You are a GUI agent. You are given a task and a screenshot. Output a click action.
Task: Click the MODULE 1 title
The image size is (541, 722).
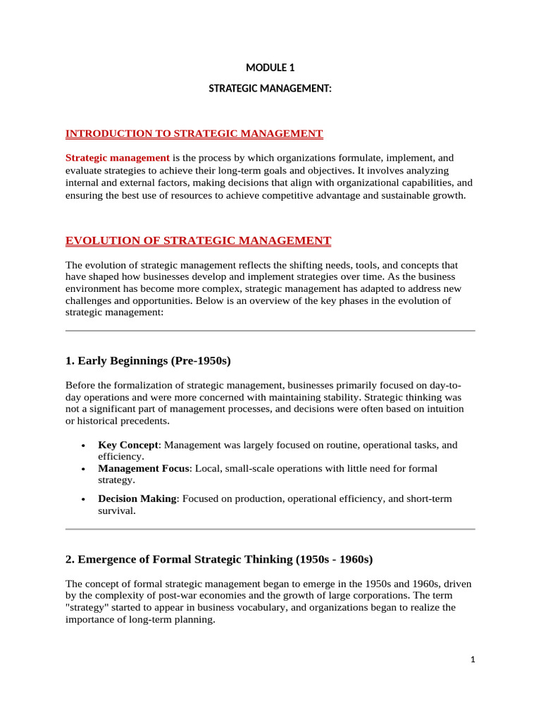click(270, 68)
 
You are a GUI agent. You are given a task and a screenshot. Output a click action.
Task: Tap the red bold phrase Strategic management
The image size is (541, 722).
click(118, 157)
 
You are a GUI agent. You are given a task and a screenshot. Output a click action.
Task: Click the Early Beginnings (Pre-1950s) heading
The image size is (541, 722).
click(148, 361)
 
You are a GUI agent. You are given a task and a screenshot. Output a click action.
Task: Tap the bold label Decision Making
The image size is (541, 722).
click(137, 498)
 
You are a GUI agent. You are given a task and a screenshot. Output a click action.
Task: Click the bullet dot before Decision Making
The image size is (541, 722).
click(84, 499)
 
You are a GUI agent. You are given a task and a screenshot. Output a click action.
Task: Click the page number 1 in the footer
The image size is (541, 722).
click(473, 660)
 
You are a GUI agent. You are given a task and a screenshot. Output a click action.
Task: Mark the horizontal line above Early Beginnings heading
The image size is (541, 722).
click(270, 330)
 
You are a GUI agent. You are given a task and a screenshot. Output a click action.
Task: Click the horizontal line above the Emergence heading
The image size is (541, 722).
click(270, 529)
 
